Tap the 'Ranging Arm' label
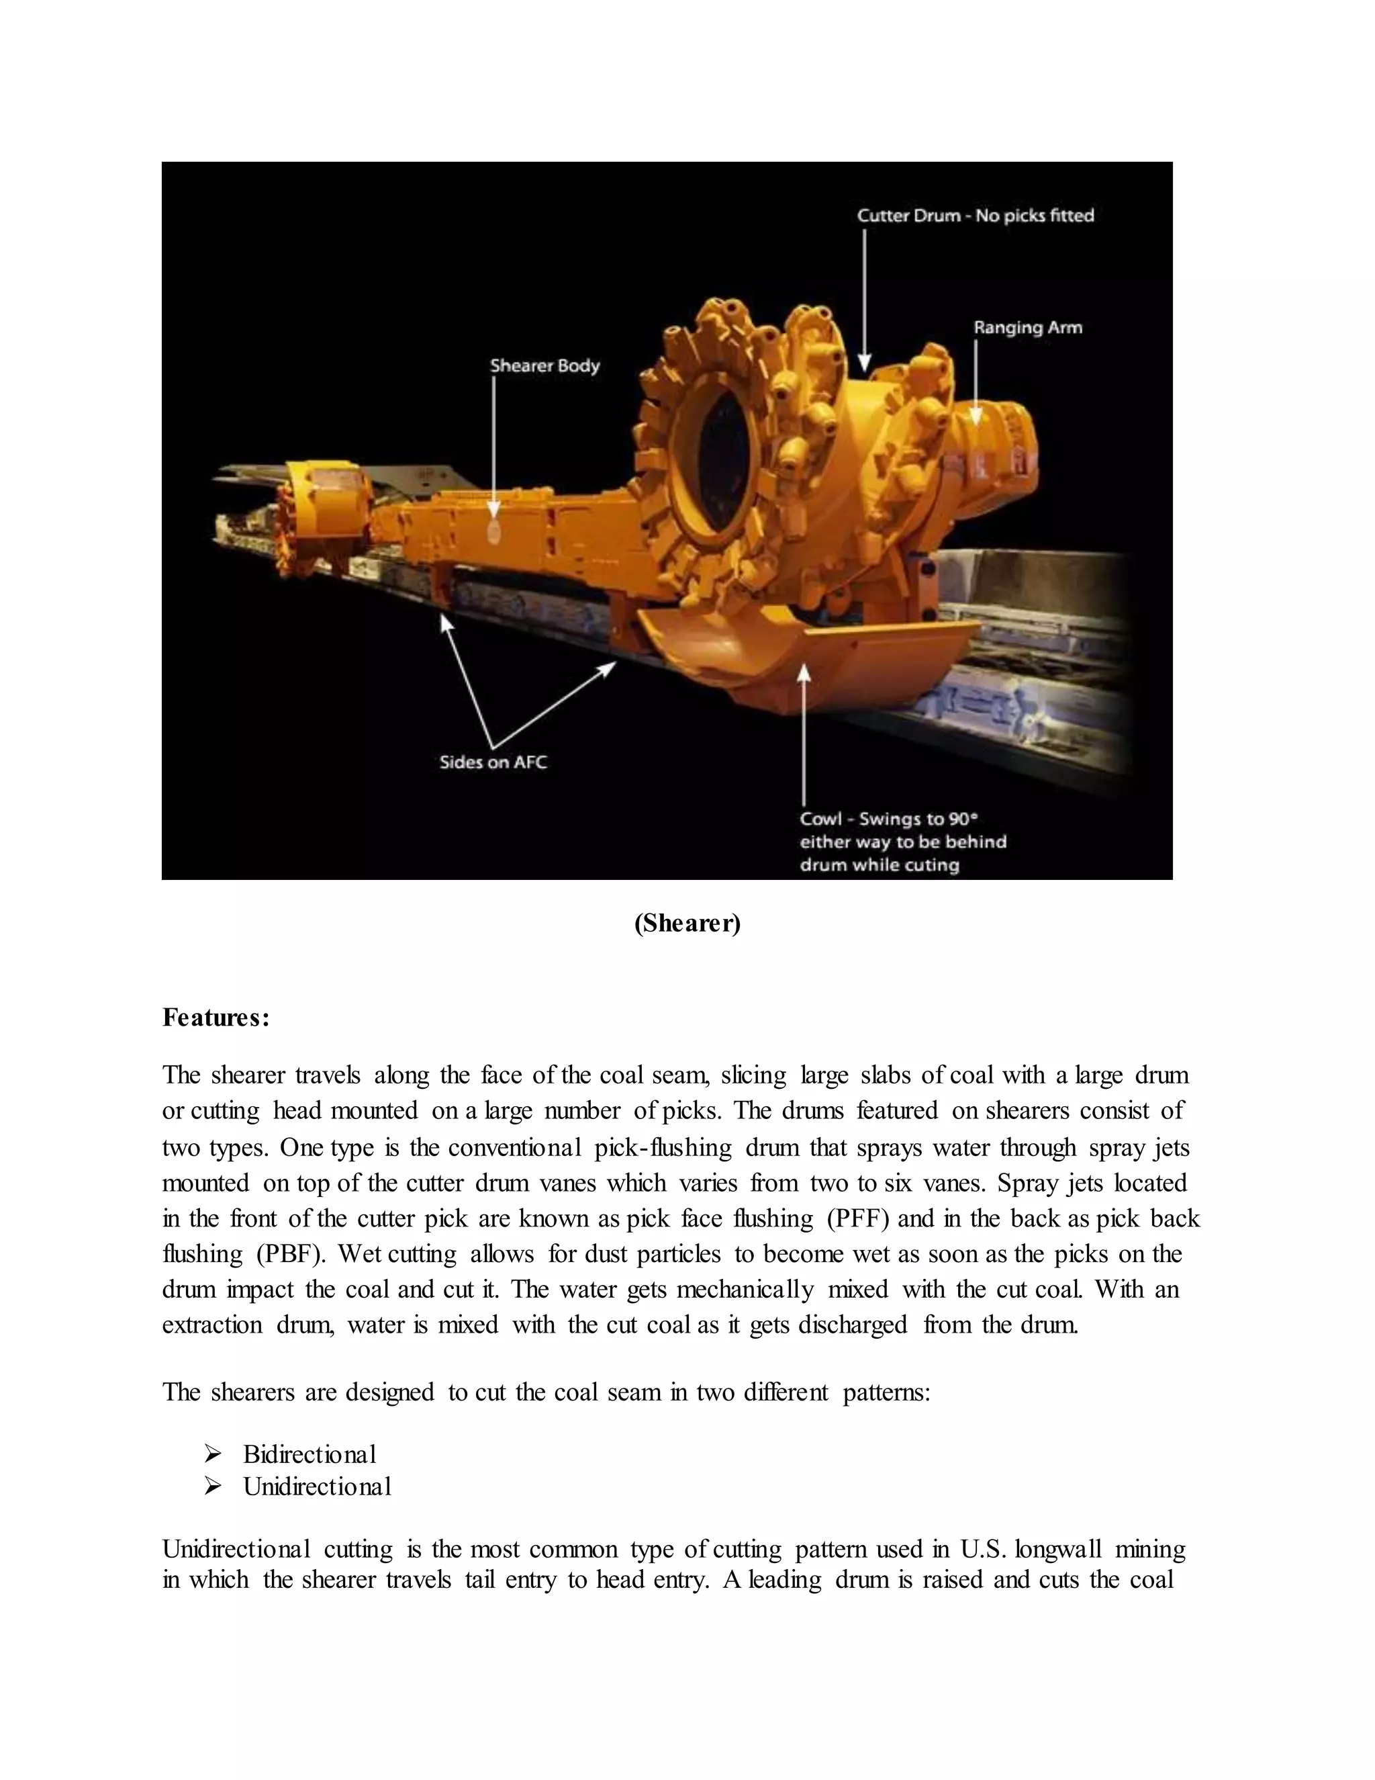click(1028, 328)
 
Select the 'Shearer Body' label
click(545, 366)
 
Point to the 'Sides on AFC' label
click(493, 763)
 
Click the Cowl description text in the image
click(902, 842)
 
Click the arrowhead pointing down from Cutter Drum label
click(865, 363)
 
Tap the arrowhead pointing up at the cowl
click(804, 672)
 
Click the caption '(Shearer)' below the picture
click(687, 924)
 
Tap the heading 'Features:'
click(216, 1018)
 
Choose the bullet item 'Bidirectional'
click(310, 1454)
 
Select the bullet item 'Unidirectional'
click(317, 1486)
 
